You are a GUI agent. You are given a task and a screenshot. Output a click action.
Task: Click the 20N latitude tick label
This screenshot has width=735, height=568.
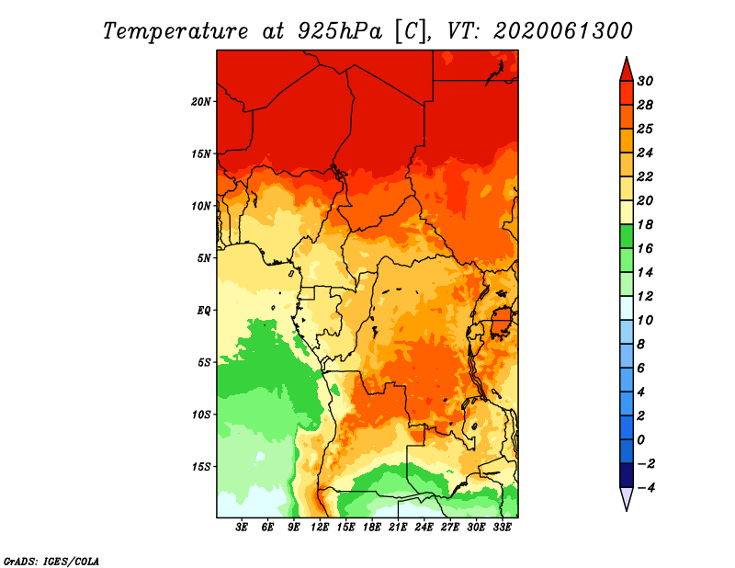(x=201, y=101)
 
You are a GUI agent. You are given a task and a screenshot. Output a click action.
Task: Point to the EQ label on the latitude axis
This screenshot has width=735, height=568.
(x=203, y=311)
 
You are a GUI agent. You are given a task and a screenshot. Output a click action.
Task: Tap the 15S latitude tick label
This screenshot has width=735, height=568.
(x=201, y=467)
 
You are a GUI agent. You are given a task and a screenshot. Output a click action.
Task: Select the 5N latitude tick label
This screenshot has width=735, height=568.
(x=204, y=258)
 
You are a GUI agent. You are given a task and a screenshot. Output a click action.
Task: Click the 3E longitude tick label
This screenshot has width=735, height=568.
(x=242, y=528)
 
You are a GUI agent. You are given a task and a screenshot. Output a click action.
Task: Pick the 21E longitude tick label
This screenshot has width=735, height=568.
(x=398, y=528)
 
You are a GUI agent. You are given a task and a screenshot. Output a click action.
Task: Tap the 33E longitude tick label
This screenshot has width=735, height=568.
(x=502, y=528)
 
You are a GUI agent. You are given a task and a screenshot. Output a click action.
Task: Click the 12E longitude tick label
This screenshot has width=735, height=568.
(x=320, y=528)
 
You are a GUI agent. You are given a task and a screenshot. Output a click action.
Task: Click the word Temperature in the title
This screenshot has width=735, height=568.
(x=175, y=31)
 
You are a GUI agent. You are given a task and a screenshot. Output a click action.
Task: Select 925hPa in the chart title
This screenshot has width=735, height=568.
(x=339, y=31)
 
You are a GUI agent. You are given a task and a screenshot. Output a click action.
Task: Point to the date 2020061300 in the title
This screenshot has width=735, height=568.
(x=563, y=31)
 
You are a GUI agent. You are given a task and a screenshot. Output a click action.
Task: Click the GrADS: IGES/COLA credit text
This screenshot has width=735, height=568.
(x=51, y=562)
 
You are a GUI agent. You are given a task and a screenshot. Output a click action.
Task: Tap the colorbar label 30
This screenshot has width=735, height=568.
(x=645, y=81)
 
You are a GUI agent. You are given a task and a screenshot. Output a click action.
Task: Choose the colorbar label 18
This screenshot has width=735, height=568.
(x=645, y=224)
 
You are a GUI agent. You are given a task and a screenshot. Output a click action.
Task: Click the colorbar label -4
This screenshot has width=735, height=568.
(x=646, y=488)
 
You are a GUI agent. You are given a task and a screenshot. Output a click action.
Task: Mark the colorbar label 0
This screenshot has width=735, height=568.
(x=640, y=440)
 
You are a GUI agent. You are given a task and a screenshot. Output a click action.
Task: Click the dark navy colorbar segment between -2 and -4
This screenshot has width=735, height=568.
(x=627, y=475)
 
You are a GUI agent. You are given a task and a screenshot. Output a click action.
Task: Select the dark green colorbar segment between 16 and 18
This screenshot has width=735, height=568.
(x=627, y=236)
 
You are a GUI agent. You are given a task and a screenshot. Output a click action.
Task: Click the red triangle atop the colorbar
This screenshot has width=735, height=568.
(x=627, y=70)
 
